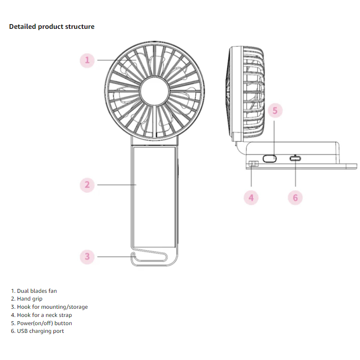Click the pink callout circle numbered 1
point(87,60)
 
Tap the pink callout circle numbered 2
point(87,185)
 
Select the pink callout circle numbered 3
point(87,257)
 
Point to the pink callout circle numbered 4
point(251,198)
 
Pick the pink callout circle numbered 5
point(276,111)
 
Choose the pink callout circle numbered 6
point(295,198)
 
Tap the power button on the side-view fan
point(270,158)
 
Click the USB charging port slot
point(295,158)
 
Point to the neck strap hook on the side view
point(253,164)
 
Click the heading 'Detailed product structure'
point(52,27)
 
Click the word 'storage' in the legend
point(78,307)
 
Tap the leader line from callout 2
point(116,185)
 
